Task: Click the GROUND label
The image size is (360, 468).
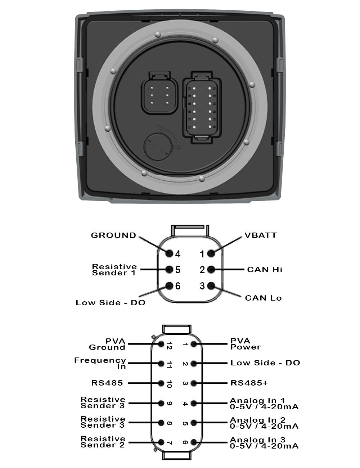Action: coord(113,235)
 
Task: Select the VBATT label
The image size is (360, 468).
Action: coord(261,235)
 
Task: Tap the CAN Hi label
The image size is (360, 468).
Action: coord(265,269)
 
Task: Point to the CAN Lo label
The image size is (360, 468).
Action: coord(263,298)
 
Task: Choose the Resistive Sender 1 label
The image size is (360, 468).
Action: coord(114,270)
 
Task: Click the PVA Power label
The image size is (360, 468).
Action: coord(246,344)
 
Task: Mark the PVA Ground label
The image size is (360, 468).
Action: coord(107,344)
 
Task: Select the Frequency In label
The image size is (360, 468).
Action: coord(100,363)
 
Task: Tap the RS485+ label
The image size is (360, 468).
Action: coord(249,383)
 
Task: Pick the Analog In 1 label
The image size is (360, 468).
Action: coord(264,404)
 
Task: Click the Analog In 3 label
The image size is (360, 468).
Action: coord(264,442)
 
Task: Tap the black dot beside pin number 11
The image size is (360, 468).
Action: coord(161,364)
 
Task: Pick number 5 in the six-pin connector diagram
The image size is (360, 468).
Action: coord(177,270)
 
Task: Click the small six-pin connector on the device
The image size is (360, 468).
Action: coord(159,93)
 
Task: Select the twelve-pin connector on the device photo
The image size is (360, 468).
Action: coord(202,107)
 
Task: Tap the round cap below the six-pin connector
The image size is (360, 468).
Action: coord(158,147)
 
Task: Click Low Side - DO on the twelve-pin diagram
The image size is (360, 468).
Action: coord(265,363)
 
